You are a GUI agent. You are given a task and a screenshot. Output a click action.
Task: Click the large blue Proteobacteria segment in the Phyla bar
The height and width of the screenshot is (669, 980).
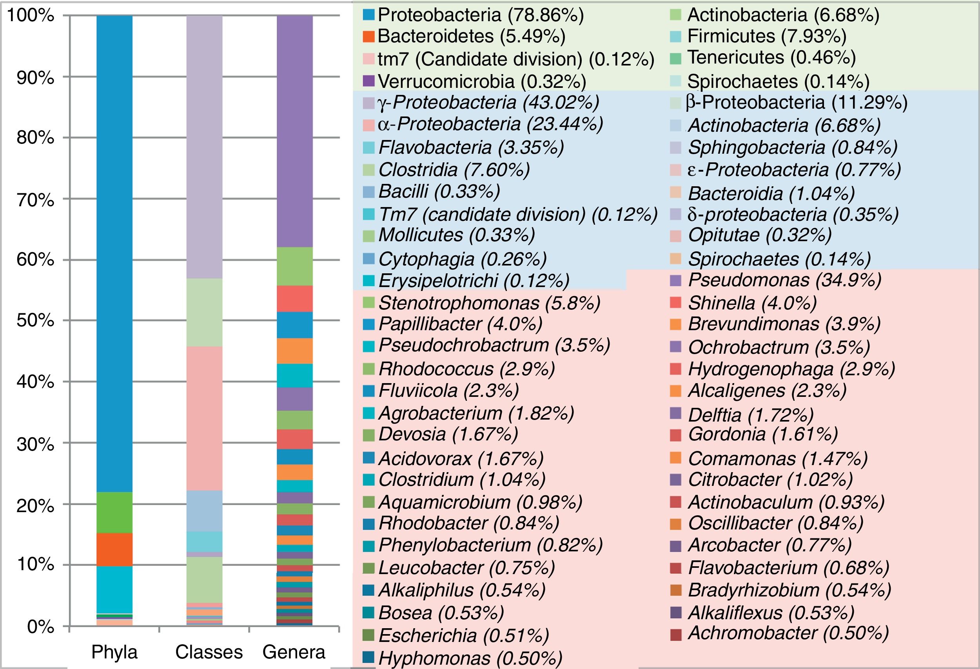pos(114,253)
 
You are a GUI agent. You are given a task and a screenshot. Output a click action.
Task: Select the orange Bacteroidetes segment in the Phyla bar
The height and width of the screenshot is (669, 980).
pos(114,549)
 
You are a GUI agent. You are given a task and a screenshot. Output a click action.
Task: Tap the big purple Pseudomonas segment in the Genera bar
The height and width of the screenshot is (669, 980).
pos(294,131)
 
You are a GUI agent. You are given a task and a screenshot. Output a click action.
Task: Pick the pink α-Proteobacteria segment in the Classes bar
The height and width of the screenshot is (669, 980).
pos(205,418)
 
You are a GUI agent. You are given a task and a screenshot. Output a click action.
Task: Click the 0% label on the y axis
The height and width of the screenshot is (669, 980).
pos(40,627)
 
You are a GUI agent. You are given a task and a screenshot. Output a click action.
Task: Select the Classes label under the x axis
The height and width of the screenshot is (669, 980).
pos(209,652)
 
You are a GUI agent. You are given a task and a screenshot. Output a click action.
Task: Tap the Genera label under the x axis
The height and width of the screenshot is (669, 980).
pos(294,652)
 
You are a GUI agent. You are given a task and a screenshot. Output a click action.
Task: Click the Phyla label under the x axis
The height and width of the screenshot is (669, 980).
pos(114,652)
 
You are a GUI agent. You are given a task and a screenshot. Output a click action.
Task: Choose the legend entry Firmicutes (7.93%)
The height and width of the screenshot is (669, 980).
pos(767,36)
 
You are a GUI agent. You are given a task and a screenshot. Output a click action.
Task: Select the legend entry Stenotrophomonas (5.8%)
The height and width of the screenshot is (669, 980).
pos(489,303)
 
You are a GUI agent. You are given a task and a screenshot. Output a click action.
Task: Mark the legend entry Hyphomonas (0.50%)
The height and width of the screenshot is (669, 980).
pos(470,658)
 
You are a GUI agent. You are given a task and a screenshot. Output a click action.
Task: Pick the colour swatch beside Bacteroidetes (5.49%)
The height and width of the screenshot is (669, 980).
pos(369,37)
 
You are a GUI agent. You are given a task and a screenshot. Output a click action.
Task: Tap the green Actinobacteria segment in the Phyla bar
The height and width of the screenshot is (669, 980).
pos(114,512)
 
